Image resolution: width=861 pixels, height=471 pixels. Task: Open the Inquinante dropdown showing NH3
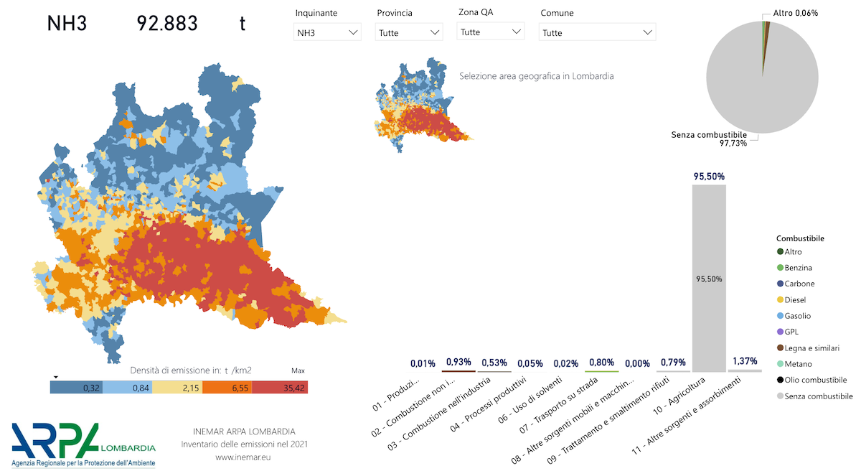(x=327, y=32)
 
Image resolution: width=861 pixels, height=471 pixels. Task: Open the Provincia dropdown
(x=409, y=32)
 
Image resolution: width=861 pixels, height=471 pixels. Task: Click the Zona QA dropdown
(x=491, y=32)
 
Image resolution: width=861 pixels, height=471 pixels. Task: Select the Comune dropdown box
(x=598, y=32)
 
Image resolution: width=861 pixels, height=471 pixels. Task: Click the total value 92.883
(x=167, y=24)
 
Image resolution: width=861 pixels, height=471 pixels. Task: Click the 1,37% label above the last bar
(x=744, y=361)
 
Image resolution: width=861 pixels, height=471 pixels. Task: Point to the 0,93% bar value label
(x=458, y=362)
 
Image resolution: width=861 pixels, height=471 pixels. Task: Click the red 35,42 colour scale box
(x=280, y=387)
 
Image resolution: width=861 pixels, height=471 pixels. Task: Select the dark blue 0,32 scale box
(x=75, y=387)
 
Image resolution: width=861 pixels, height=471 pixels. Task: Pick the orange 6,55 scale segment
(x=227, y=387)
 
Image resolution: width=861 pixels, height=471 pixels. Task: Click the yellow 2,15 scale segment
(x=177, y=387)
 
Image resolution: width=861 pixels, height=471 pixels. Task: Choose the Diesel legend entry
(x=796, y=299)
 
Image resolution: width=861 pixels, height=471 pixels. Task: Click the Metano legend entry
(x=798, y=364)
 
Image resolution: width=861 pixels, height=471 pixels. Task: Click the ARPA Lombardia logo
(x=83, y=444)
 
